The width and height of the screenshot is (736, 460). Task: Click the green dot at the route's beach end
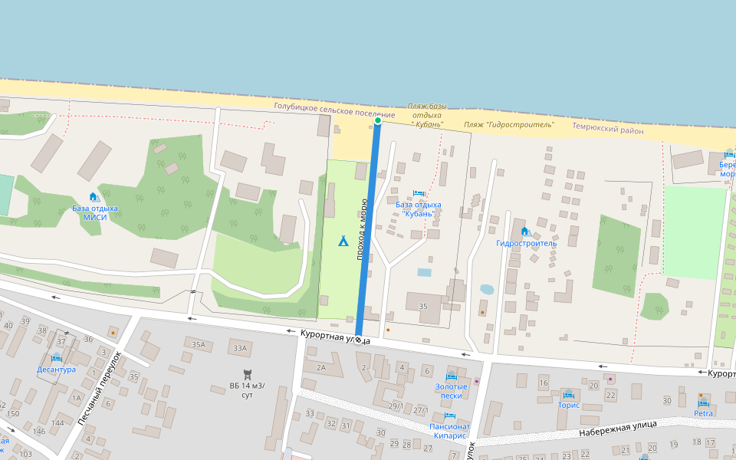(x=378, y=120)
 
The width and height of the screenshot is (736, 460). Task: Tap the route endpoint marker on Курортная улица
(x=358, y=338)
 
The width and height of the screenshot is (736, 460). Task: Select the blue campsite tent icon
(x=343, y=242)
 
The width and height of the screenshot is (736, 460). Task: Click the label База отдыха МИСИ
(x=95, y=212)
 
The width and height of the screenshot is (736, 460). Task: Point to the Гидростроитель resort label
(x=526, y=243)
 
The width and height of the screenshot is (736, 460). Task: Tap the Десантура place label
(x=56, y=369)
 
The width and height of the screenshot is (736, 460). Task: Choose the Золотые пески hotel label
(x=451, y=391)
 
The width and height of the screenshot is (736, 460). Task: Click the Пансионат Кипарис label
(x=449, y=430)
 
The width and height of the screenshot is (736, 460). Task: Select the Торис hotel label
(x=569, y=405)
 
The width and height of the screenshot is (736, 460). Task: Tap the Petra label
(x=703, y=413)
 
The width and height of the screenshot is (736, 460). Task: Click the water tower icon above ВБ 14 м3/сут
(x=247, y=374)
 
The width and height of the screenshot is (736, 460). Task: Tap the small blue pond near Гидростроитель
(x=486, y=290)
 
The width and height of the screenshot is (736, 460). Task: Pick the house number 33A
(x=241, y=349)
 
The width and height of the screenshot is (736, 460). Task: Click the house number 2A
(x=321, y=368)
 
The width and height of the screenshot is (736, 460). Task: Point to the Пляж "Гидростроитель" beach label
(x=508, y=123)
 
